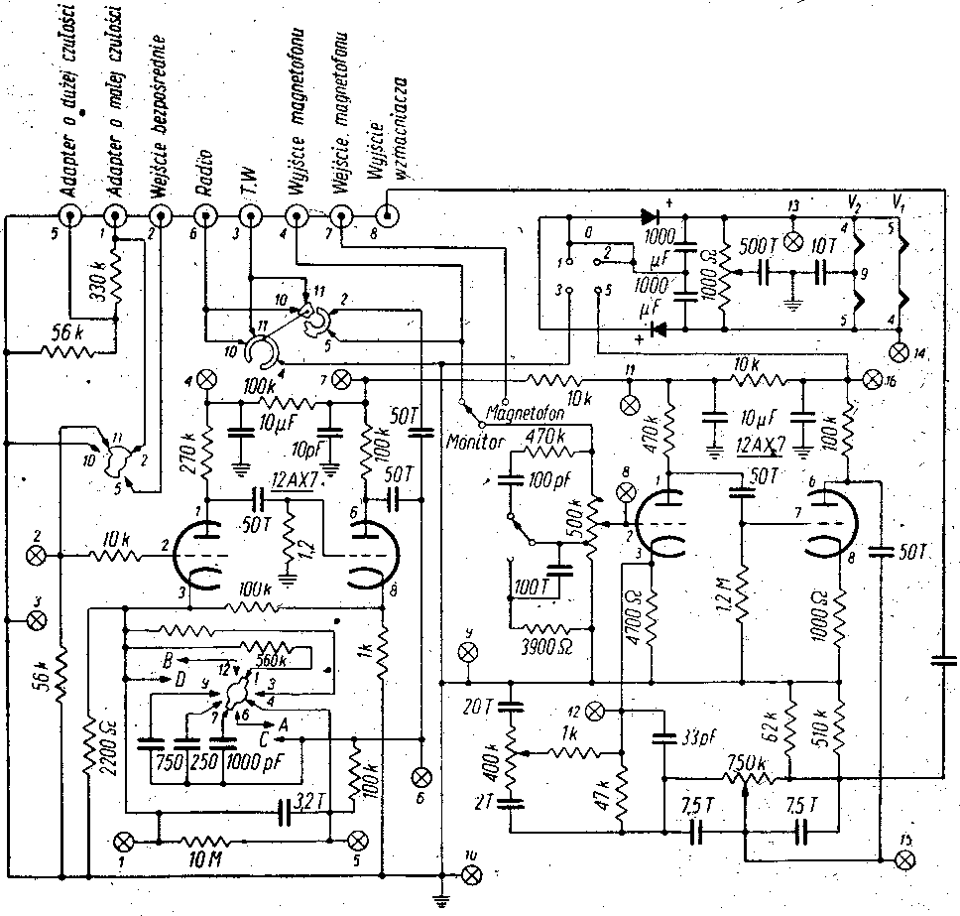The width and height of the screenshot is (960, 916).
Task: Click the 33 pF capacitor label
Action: (698, 737)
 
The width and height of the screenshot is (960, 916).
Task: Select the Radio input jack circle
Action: (204, 215)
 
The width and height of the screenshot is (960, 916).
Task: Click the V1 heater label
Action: (899, 199)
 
